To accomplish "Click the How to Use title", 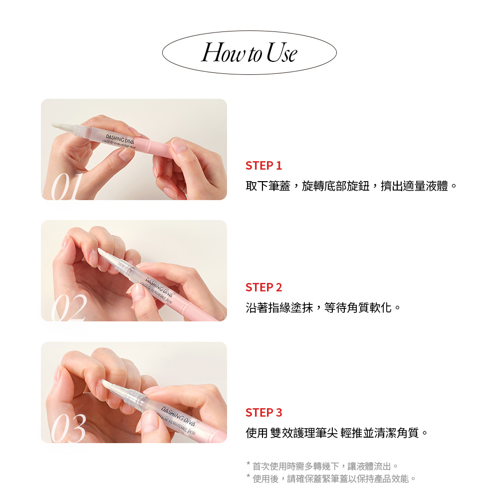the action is tap(249, 52).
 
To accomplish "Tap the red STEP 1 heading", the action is tap(264, 166).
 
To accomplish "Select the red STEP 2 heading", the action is tap(264, 287).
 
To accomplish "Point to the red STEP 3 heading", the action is tap(264, 413).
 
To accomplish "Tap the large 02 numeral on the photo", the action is tap(69, 307).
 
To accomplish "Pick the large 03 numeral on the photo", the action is tap(69, 429).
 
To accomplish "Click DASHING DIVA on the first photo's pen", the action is tap(120, 139).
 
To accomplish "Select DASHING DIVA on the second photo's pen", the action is tap(159, 286).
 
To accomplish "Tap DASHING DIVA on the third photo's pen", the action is tap(178, 416).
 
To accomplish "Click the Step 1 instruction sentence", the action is tap(351, 186).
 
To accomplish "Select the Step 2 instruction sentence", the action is tap(323, 308).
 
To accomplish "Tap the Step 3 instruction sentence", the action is tap(337, 433).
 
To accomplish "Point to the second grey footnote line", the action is tap(331, 479).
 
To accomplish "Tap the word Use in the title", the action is tap(281, 52).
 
